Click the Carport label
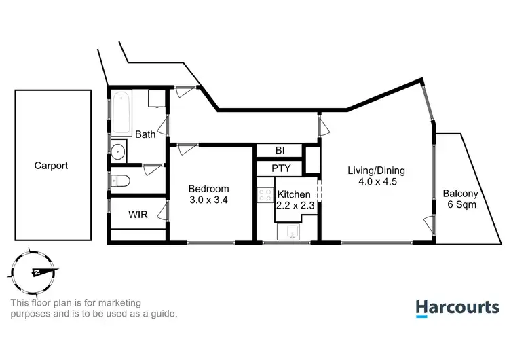click(52, 166)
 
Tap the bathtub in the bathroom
click(121, 112)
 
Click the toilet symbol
click(121, 181)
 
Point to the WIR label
click(138, 214)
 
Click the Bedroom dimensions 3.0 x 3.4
click(208, 200)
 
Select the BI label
click(280, 150)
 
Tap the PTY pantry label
click(281, 168)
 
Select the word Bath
click(145, 134)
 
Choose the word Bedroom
click(208, 189)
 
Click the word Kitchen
click(294, 194)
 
